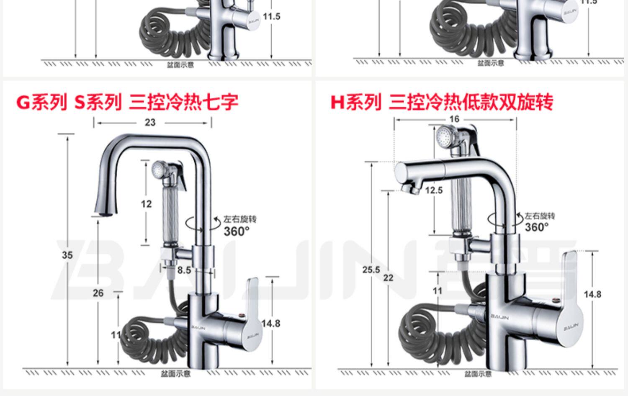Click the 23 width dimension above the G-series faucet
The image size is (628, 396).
tap(150, 122)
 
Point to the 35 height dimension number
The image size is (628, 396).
tap(67, 255)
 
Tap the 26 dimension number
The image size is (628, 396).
tap(98, 293)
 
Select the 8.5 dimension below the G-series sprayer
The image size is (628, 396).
tap(184, 270)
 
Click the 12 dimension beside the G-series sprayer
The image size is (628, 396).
tap(146, 204)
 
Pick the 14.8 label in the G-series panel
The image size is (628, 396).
tap(270, 323)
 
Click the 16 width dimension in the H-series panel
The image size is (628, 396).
tap(454, 119)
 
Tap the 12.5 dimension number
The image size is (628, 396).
tap(434, 190)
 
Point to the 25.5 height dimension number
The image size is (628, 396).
tap(371, 270)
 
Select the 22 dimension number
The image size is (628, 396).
tap(389, 278)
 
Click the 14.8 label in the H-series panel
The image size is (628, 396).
tap(592, 294)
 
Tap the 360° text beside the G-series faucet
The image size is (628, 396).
tap(237, 231)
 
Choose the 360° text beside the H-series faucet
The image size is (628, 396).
tap(536, 227)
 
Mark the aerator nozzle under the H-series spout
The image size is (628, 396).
tap(410, 189)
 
